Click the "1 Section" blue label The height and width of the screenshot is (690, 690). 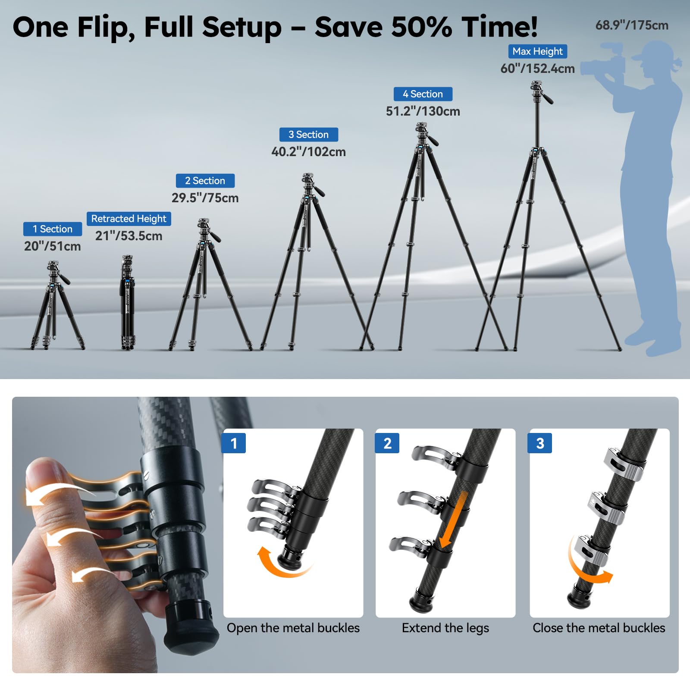click(x=53, y=229)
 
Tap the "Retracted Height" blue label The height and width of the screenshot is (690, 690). click(x=129, y=219)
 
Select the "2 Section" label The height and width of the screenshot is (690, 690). click(x=205, y=181)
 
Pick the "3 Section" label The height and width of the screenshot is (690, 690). click(x=308, y=135)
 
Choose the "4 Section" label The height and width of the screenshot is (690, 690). click(x=423, y=94)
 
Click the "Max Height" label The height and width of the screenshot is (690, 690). click(x=537, y=51)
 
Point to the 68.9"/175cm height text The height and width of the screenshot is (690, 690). click(x=632, y=25)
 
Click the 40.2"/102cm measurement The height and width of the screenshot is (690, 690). click(x=308, y=152)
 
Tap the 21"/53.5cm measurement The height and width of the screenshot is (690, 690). click(x=129, y=236)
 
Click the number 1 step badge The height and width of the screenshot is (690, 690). click(x=233, y=443)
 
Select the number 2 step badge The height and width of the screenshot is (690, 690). click(x=387, y=443)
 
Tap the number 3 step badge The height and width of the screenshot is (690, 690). click(x=540, y=443)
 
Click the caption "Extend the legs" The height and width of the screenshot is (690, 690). click(x=445, y=628)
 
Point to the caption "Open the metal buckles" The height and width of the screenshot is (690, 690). click(x=293, y=628)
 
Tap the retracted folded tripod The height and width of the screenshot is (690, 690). click(x=127, y=302)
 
